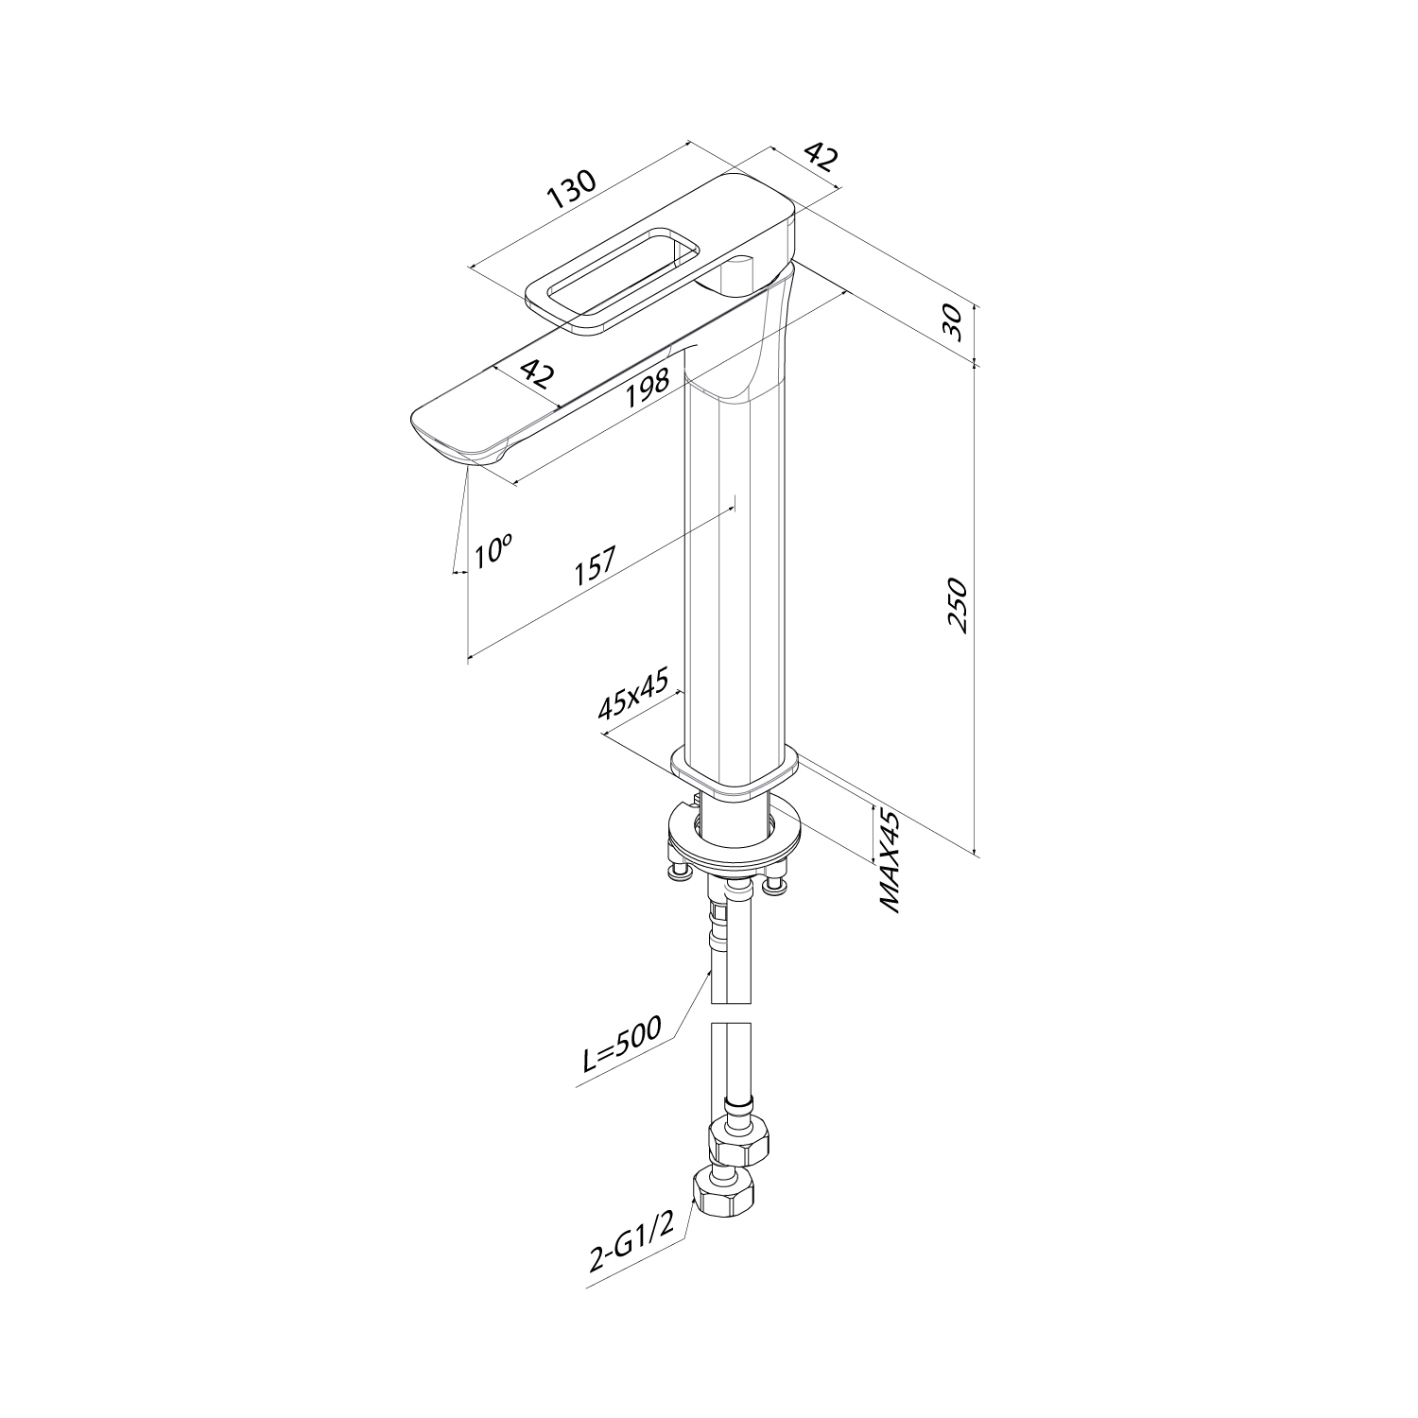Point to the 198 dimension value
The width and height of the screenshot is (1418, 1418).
tap(648, 388)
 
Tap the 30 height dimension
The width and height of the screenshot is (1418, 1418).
tap(954, 323)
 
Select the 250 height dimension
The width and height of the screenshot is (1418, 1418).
tap(958, 605)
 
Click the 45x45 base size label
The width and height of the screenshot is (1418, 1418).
tap(633, 694)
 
